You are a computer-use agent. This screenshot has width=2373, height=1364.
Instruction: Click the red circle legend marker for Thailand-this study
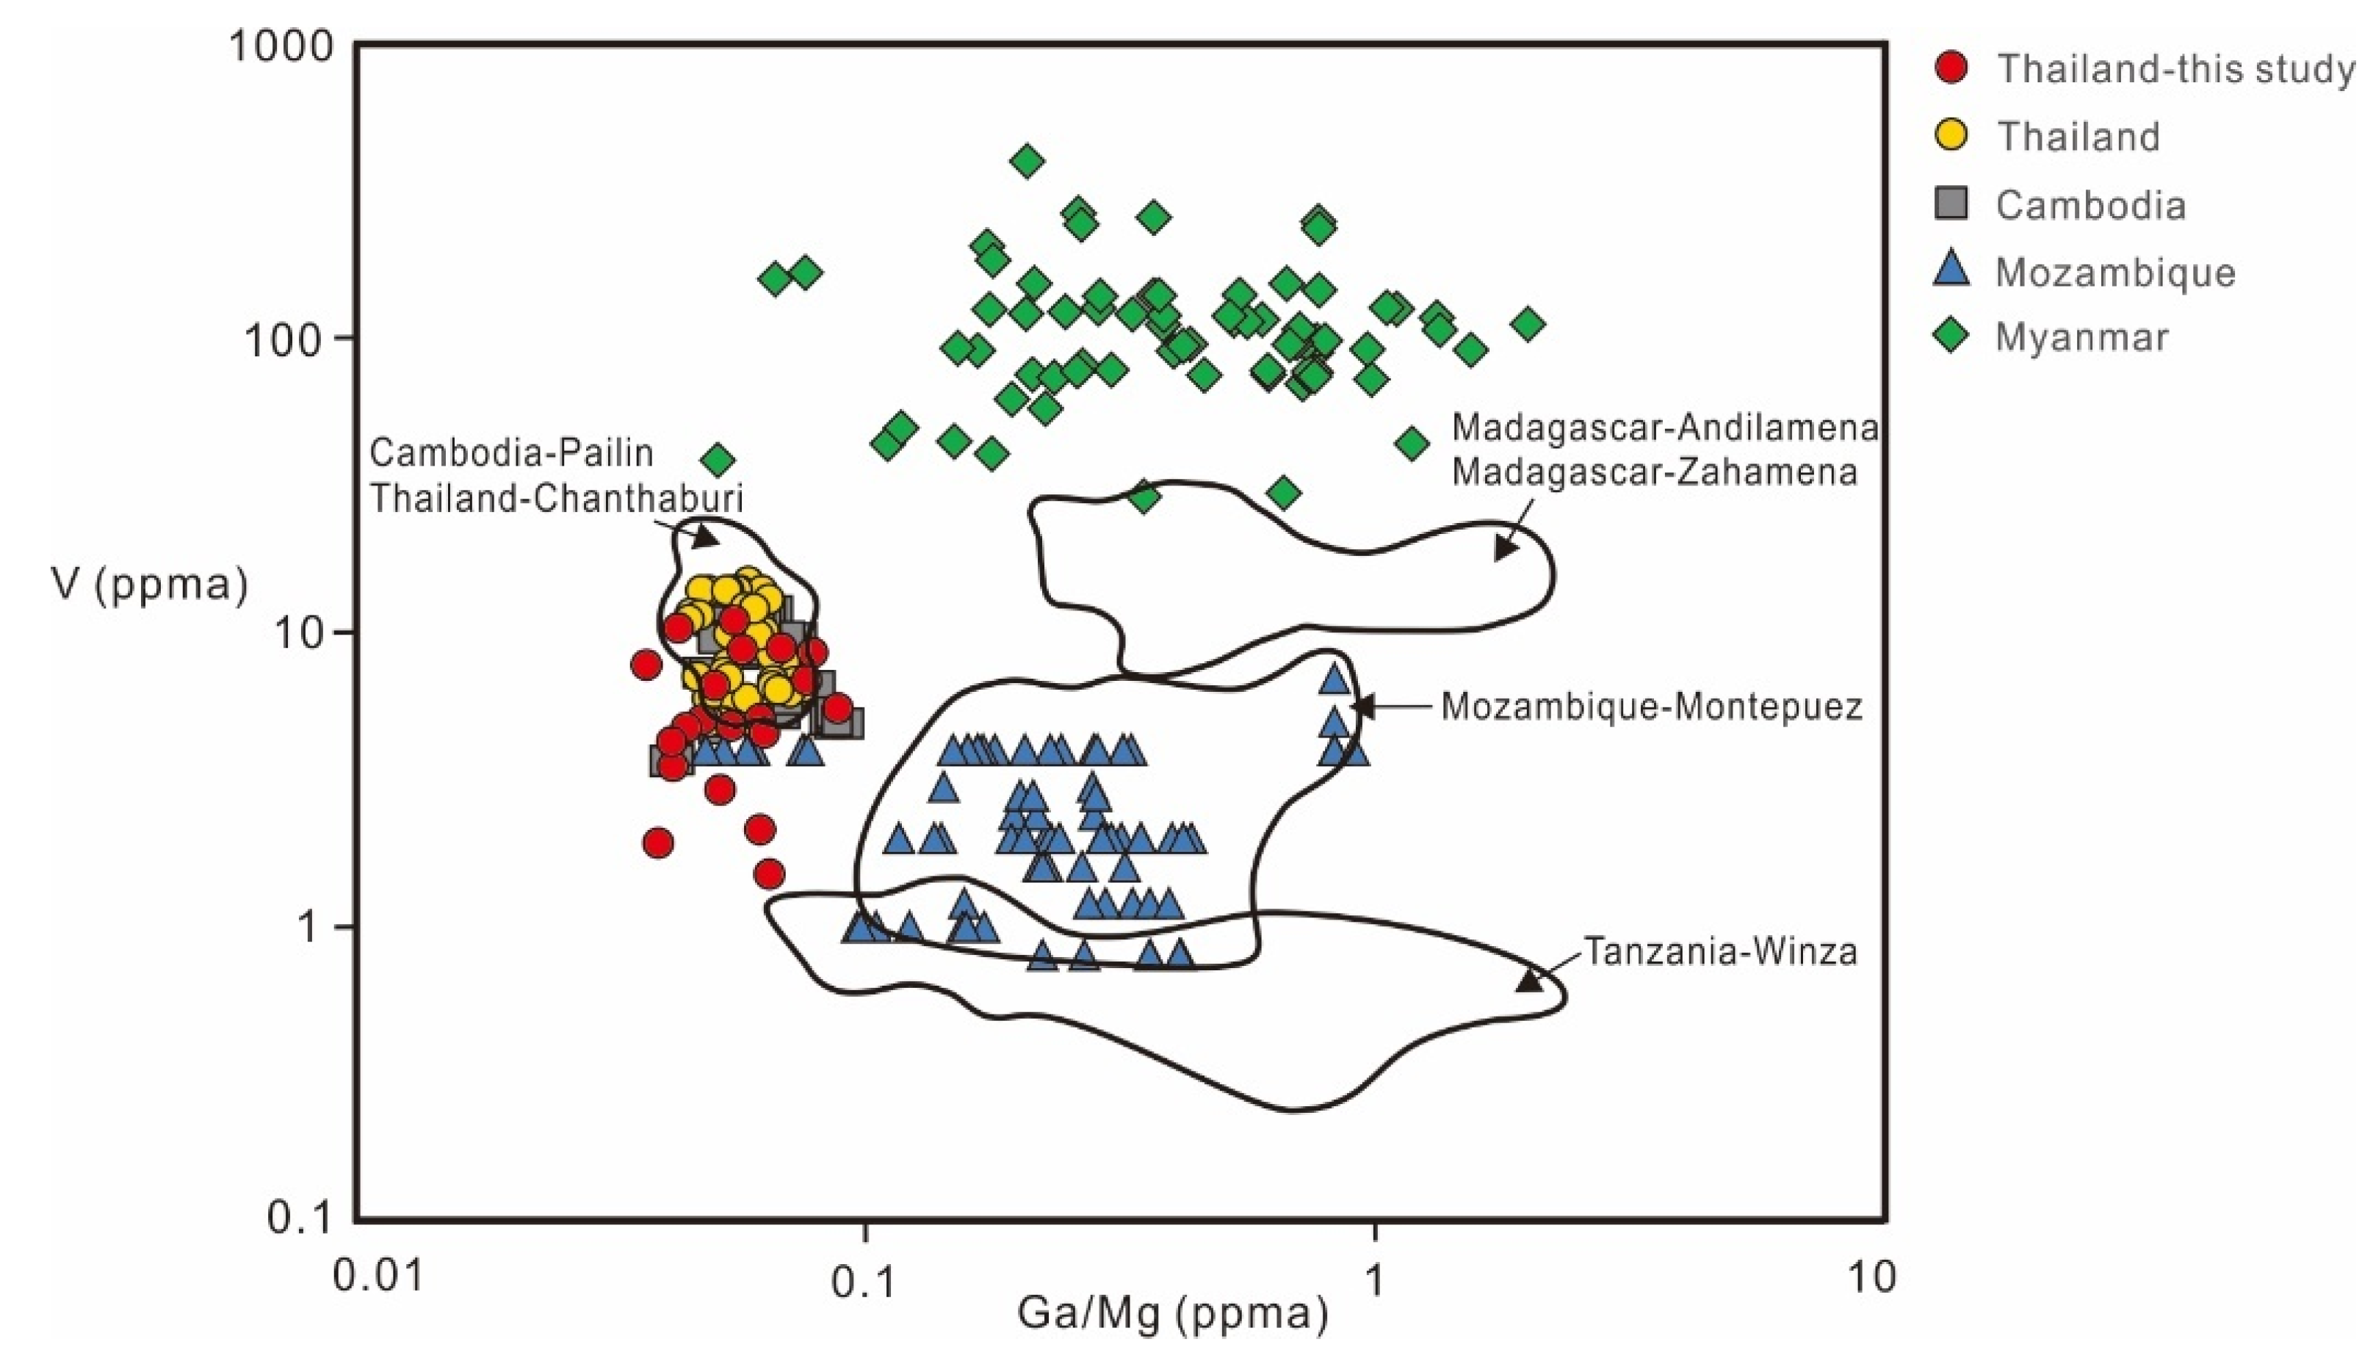click(x=1951, y=68)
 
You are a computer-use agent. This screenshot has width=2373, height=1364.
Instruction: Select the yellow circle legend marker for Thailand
click(x=1951, y=136)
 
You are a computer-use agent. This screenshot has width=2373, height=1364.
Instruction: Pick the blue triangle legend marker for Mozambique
click(x=1951, y=270)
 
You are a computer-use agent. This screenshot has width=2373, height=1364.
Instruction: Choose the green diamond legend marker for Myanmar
click(x=1951, y=336)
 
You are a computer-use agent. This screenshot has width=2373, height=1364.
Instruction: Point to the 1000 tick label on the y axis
click(x=282, y=45)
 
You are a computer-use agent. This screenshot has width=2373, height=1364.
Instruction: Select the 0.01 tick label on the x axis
click(x=379, y=1276)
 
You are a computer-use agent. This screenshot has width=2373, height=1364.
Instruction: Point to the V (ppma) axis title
click(x=150, y=585)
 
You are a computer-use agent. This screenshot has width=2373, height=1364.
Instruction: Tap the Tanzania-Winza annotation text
click(x=1720, y=952)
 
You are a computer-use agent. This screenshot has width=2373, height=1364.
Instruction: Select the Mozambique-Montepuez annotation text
click(x=1651, y=707)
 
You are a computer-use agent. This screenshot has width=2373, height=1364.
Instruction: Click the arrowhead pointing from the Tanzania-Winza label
click(x=1528, y=980)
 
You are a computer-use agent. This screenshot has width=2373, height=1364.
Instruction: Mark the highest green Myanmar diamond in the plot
click(x=1027, y=161)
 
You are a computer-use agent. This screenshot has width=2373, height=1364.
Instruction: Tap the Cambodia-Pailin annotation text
click(x=511, y=453)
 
